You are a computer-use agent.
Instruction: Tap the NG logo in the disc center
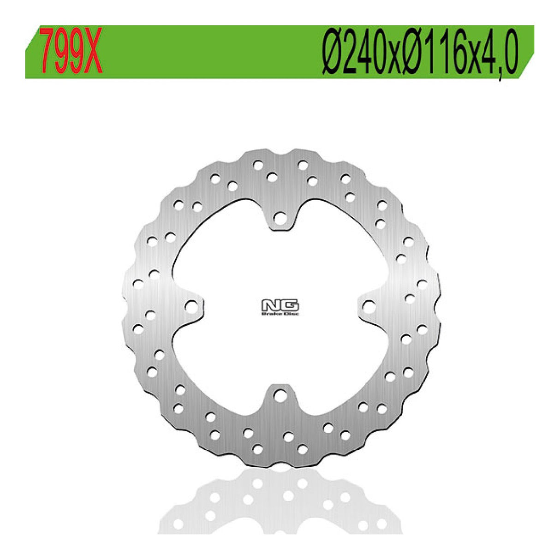pyautogui.click(x=280, y=305)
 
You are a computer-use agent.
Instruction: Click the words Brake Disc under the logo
pyautogui.click(x=280, y=314)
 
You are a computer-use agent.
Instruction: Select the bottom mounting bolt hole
pyautogui.click(x=280, y=394)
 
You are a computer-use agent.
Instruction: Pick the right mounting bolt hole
pyautogui.click(x=369, y=305)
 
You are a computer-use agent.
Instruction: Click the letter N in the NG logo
pyautogui.click(x=271, y=305)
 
